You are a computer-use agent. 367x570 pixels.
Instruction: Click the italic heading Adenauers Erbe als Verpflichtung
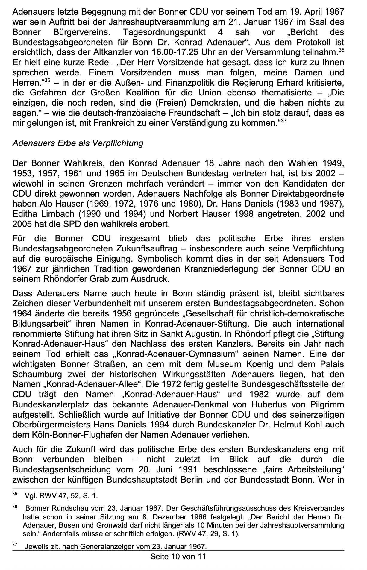(78, 143)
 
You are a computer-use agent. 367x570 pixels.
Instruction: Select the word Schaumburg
(37, 375)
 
